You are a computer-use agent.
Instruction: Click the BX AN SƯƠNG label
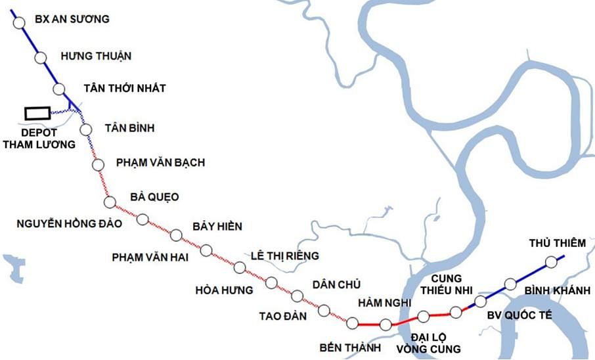click(72, 19)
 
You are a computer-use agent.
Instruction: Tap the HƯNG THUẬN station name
click(95, 56)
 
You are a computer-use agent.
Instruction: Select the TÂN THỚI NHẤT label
click(125, 89)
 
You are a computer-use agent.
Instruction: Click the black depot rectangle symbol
click(37, 113)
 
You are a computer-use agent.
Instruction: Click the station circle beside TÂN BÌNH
click(86, 129)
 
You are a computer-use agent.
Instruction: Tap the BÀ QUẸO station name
click(154, 197)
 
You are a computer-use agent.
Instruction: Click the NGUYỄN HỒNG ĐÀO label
click(69, 223)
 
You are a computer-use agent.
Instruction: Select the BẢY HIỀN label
click(217, 227)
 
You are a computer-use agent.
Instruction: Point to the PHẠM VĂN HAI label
click(150, 258)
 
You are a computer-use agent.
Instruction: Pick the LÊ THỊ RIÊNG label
click(285, 256)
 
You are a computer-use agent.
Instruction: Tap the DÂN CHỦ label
click(337, 284)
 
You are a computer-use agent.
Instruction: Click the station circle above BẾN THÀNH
click(352, 323)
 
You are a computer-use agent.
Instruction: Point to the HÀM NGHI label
click(384, 302)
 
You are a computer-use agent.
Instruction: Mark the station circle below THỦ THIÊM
click(550, 262)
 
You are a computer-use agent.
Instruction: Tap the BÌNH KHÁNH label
click(558, 290)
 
